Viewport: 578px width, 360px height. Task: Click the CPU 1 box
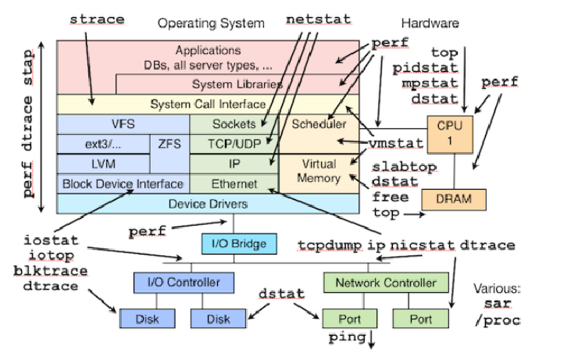pyautogui.click(x=450, y=133)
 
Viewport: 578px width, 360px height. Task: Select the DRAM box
pyautogui.click(x=453, y=198)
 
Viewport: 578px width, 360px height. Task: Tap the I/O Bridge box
pyautogui.click(x=238, y=244)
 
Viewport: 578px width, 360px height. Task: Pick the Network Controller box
pyautogui.click(x=386, y=282)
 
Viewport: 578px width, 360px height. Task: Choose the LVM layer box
pyautogui.click(x=103, y=163)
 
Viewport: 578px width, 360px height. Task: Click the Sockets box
pyautogui.click(x=234, y=124)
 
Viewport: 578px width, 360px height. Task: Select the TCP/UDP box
pyautogui.click(x=234, y=144)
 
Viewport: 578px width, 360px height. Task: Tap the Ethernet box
pyautogui.click(x=234, y=184)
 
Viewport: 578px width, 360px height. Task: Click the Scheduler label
pyautogui.click(x=319, y=124)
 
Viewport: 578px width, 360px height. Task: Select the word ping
pyautogui.click(x=344, y=338)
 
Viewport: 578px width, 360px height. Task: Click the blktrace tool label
pyautogui.click(x=46, y=271)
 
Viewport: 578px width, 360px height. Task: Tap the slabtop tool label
pyautogui.click(x=404, y=168)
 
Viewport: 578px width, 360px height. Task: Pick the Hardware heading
pyautogui.click(x=429, y=23)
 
